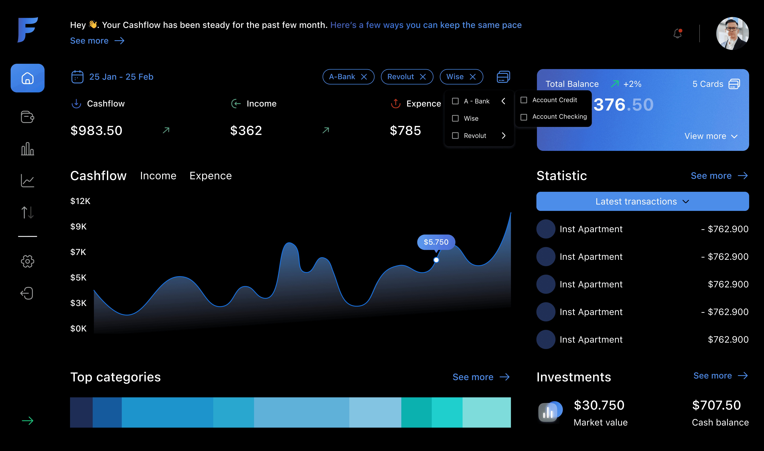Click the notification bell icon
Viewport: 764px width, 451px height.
click(x=678, y=33)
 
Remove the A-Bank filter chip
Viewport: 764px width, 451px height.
click(x=364, y=77)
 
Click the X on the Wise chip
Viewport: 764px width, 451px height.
click(x=473, y=77)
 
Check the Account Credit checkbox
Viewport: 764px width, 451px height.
click(x=524, y=100)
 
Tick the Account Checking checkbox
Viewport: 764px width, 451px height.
click(x=524, y=117)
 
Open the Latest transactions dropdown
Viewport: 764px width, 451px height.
click(x=642, y=201)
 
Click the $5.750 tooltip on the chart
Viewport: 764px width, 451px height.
click(x=436, y=242)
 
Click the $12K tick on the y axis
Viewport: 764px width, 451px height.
click(x=80, y=201)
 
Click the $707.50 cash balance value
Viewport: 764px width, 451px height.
click(x=716, y=405)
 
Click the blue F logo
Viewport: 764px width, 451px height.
click(x=27, y=30)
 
